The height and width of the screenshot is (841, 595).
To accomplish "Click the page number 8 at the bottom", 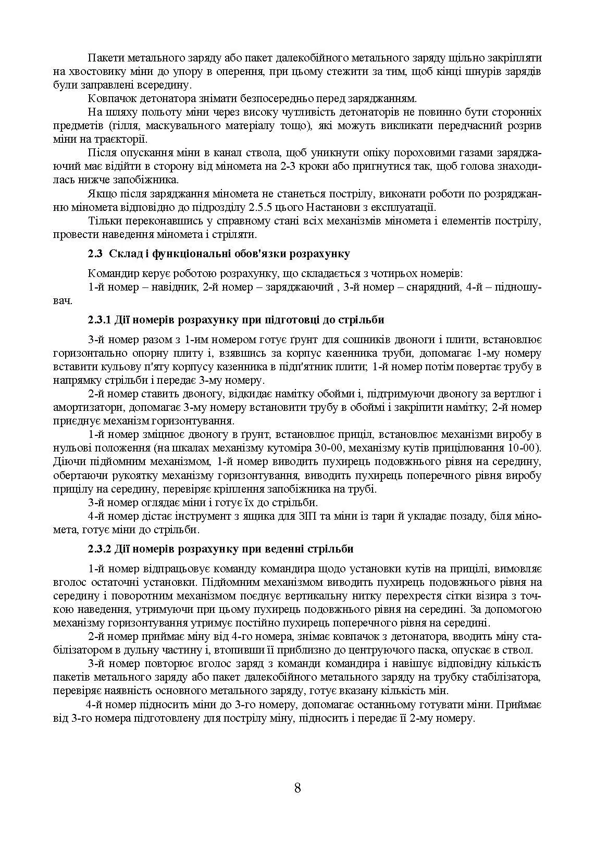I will tap(297, 787).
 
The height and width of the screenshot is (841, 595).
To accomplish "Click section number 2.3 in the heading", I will tap(95, 254).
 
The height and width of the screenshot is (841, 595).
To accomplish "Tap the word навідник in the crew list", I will tap(170, 287).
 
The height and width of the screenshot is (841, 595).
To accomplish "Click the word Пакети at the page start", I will tap(105, 57).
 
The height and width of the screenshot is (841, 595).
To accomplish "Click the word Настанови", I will tap(332, 207).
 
